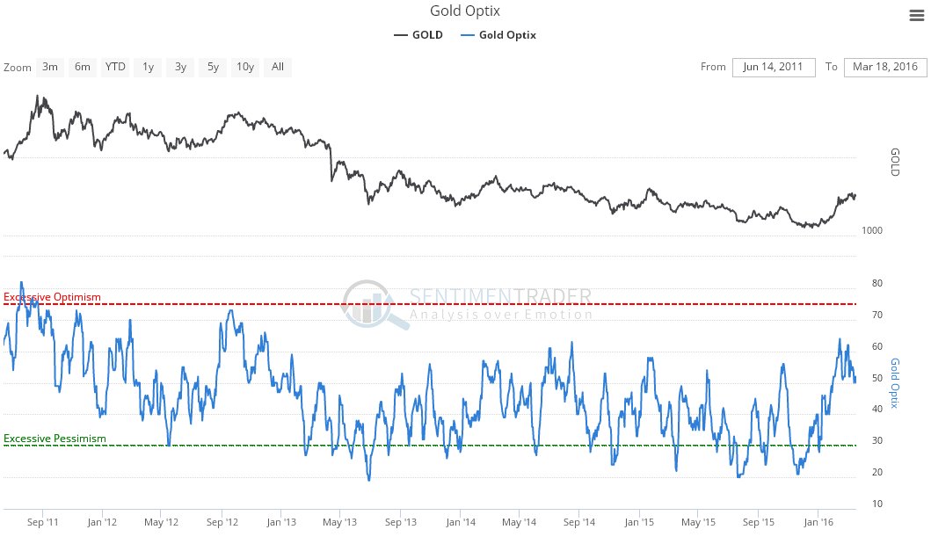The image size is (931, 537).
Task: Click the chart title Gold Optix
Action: [465, 11]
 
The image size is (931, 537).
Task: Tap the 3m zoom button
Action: [50, 67]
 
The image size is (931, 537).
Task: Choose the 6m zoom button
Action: [83, 67]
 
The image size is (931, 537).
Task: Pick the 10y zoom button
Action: [245, 67]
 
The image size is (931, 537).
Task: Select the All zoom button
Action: [278, 67]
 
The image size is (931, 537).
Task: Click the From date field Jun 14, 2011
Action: [773, 68]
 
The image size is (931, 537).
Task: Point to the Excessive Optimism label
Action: [53, 297]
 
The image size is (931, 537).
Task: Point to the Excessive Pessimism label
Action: [55, 439]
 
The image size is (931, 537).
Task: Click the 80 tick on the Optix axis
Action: [877, 283]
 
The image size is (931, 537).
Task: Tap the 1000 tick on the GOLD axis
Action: [873, 230]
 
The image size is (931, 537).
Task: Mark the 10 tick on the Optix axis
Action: [877, 504]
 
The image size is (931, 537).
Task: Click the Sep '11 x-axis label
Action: [43, 522]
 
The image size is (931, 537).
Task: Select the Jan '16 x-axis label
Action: [818, 522]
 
